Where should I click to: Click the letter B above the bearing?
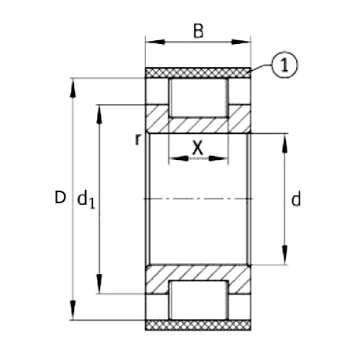tap(199, 32)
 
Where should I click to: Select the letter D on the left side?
tap(59, 198)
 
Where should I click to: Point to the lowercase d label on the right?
tap(295, 199)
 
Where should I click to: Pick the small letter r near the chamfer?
tap(138, 139)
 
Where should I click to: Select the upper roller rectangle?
tap(199, 98)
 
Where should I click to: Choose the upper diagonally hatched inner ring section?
tap(199, 125)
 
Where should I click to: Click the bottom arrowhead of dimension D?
tap(75, 313)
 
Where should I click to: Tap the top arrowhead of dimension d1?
tap(99, 112)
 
